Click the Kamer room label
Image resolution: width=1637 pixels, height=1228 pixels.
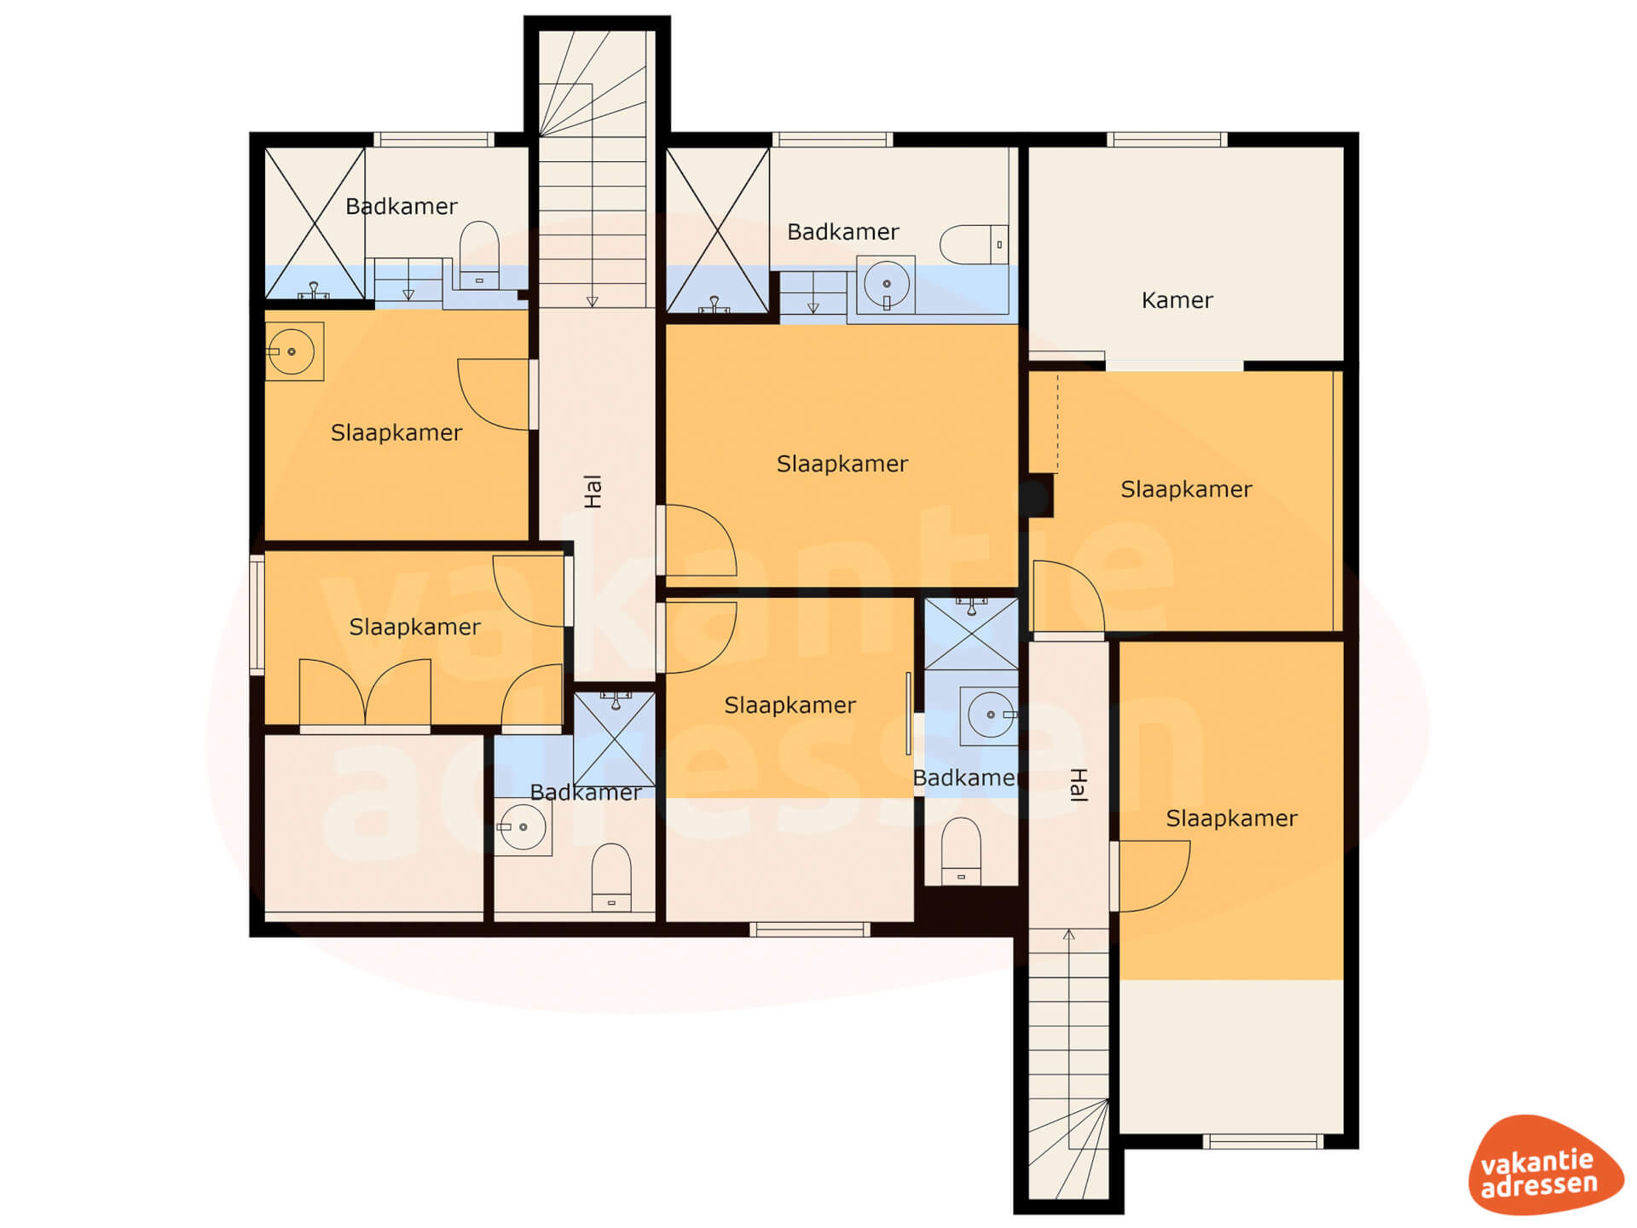[x=1177, y=300]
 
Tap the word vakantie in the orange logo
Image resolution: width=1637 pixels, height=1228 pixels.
[x=1536, y=1162]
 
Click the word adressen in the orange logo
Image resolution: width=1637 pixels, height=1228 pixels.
[x=1539, y=1185]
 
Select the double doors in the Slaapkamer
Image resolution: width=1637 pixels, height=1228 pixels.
[x=365, y=692]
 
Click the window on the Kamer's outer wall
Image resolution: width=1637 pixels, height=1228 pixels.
[x=1167, y=139]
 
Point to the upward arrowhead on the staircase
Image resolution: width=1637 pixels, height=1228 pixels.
[x=1068, y=935]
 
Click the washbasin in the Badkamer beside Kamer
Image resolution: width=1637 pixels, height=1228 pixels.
[x=886, y=285]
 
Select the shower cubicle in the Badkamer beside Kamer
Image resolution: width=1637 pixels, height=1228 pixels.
[x=718, y=230]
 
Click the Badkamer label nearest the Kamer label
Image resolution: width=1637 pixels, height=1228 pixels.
[x=842, y=232]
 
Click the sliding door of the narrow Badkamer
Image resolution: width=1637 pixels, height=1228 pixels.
[x=909, y=713]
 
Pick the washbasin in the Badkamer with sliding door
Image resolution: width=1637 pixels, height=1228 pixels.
[x=989, y=715]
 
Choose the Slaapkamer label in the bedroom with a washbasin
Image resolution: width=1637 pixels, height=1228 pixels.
[x=396, y=433]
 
